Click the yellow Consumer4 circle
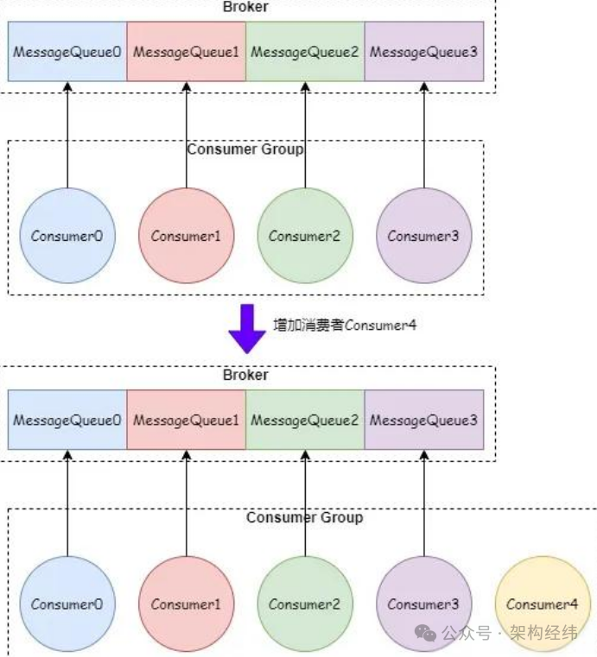(543, 603)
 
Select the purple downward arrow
(246, 328)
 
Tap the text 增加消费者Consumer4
(346, 325)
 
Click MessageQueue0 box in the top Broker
(67, 52)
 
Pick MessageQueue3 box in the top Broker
(423, 52)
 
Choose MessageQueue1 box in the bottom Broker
(186, 420)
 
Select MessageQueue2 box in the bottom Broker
(305, 420)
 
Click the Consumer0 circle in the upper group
(67, 235)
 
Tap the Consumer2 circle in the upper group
(305, 235)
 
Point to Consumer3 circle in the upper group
(423, 235)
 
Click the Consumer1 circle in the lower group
(186, 603)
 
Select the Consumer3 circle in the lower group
(423, 603)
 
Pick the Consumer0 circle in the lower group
(67, 603)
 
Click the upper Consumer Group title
(245, 149)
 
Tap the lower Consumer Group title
(304, 517)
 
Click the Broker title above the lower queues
(245, 375)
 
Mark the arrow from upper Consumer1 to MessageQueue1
(186, 134)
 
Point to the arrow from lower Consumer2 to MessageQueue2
(305, 501)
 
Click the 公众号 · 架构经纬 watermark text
(510, 633)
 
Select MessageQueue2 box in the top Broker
(305, 52)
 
